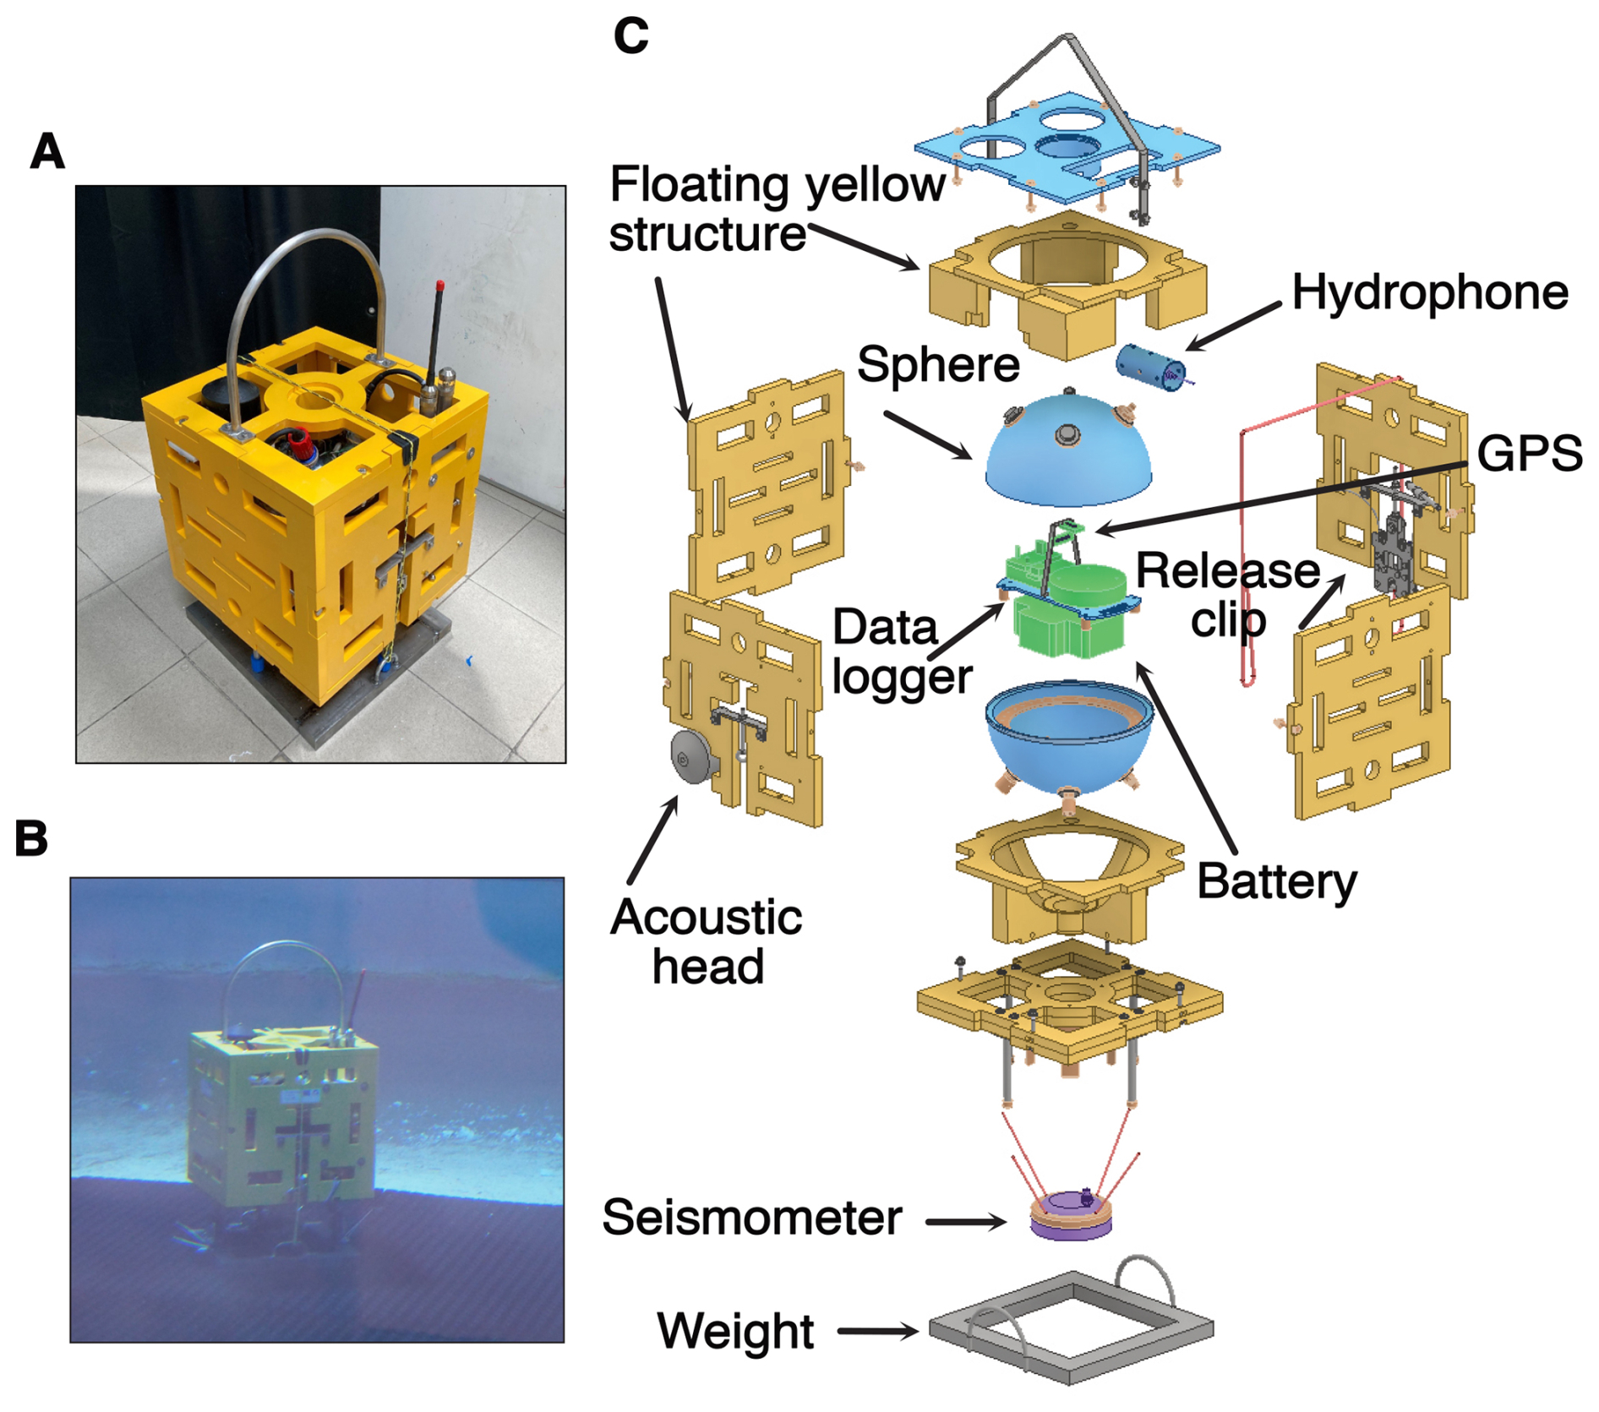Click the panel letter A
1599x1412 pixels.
pyautogui.click(x=47, y=151)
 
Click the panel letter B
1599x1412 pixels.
pyautogui.click(x=32, y=839)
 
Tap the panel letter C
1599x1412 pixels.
pyautogui.click(x=630, y=36)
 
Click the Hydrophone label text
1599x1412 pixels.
pyautogui.click(x=1429, y=293)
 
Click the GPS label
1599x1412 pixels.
pyautogui.click(x=1529, y=454)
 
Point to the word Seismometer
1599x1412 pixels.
pyautogui.click(x=751, y=1218)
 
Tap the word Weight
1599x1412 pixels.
pyautogui.click(x=735, y=1331)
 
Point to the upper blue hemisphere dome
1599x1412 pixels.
pyautogui.click(x=1067, y=456)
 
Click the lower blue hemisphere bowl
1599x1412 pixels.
pyautogui.click(x=1068, y=748)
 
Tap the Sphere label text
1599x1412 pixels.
pyautogui.click(x=938, y=365)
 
